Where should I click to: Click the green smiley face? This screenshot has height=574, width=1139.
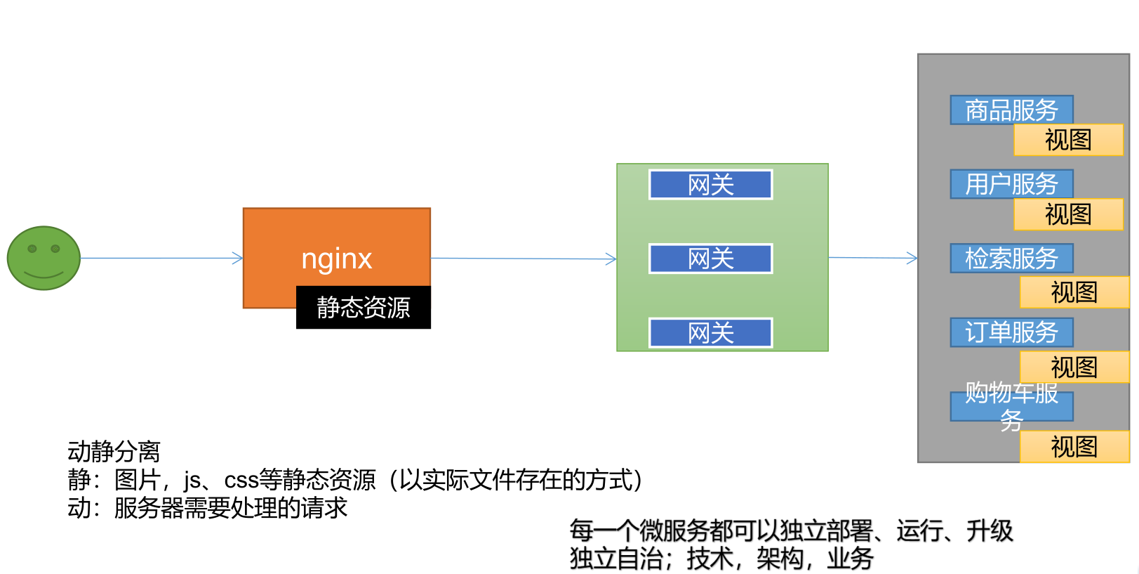pyautogui.click(x=44, y=258)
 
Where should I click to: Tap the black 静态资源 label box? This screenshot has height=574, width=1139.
pyautogui.click(x=363, y=308)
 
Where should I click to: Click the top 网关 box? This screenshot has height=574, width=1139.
pyautogui.click(x=710, y=185)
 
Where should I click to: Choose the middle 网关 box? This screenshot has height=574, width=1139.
pyautogui.click(x=710, y=259)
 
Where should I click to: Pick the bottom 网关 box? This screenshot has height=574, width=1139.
pyautogui.click(x=710, y=333)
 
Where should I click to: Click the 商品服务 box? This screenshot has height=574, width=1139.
pyautogui.click(x=1011, y=110)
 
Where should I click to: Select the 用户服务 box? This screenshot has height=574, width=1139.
pyautogui.click(x=1011, y=184)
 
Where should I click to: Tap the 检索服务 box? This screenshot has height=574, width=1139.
pyautogui.click(x=1011, y=259)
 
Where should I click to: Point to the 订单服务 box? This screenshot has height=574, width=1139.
pyautogui.click(x=1011, y=332)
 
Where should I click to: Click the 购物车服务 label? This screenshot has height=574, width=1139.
pyautogui.click(x=1011, y=406)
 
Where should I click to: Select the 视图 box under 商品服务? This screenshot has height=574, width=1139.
pyautogui.click(x=1068, y=140)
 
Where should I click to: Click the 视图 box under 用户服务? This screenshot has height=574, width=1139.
pyautogui.click(x=1068, y=214)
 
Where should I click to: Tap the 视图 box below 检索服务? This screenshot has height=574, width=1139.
pyautogui.click(x=1074, y=292)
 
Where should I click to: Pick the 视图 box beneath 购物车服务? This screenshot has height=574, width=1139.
pyautogui.click(x=1074, y=447)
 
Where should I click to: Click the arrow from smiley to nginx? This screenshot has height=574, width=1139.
pyautogui.click(x=161, y=259)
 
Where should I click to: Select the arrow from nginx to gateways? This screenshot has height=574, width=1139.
pyautogui.click(x=523, y=259)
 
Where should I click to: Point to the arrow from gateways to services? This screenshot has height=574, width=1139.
pyautogui.click(x=872, y=258)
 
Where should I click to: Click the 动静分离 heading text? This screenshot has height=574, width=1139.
pyautogui.click(x=114, y=451)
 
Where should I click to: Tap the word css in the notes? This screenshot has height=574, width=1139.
pyautogui.click(x=241, y=481)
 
